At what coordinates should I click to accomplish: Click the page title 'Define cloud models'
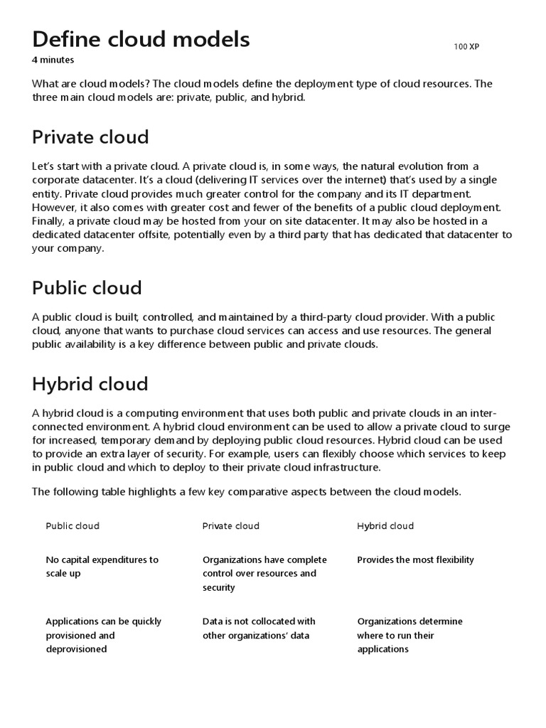point(141,39)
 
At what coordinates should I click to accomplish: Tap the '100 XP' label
point(467,47)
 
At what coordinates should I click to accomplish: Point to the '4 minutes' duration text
point(53,60)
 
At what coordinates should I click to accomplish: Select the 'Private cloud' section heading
point(90,136)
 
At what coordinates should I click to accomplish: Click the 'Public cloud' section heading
point(87,288)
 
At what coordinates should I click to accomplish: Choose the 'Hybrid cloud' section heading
point(90,384)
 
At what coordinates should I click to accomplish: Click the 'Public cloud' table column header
point(73,526)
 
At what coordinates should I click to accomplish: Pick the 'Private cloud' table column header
point(230,526)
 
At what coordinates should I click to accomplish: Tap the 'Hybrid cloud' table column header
point(385,526)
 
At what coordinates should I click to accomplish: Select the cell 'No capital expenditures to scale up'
point(102,567)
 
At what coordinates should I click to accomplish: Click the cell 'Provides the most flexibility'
point(415,560)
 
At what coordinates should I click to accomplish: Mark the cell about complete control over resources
point(264,574)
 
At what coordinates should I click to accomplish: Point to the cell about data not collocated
point(259,628)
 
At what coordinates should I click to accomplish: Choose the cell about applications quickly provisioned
point(103,635)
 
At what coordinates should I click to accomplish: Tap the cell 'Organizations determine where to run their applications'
point(409,635)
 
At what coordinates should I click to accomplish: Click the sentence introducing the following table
point(246,492)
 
